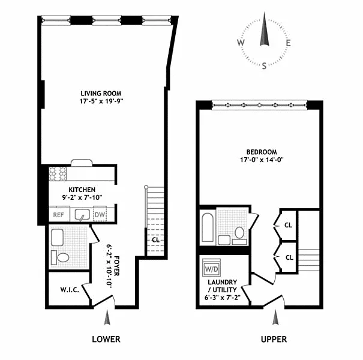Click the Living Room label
[x=101, y=94]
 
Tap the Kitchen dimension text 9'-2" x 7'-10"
[x=82, y=197]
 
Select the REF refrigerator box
[x=59, y=214]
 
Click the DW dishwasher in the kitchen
[x=100, y=214]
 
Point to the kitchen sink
[x=82, y=215]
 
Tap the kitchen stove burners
[x=58, y=173]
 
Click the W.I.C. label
[x=70, y=290]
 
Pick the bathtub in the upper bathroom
[x=208, y=227]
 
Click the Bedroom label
[x=262, y=152]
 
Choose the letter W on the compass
[x=241, y=43]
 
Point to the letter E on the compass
[x=288, y=43]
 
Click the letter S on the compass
[x=264, y=66]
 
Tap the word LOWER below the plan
[x=106, y=339]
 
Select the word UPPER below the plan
[x=274, y=339]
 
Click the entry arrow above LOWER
[x=107, y=317]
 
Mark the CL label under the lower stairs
[x=155, y=240]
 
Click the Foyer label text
[x=116, y=266]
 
